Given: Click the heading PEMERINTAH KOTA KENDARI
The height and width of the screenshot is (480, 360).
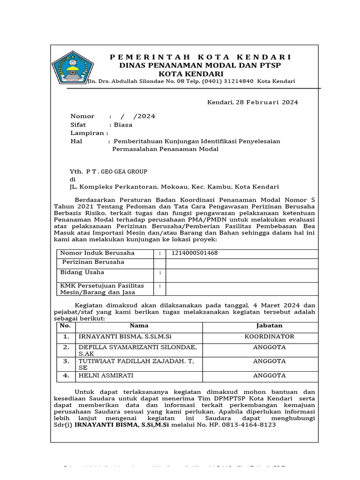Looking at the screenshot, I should [x=201, y=57].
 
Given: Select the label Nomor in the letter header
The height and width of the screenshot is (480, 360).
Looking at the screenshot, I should [x=82, y=116].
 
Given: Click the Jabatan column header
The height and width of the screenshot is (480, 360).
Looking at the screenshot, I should [x=269, y=325].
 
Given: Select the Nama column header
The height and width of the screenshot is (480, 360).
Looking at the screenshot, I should [x=139, y=325].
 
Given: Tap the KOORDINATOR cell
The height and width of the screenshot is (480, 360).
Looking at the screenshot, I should [x=269, y=337].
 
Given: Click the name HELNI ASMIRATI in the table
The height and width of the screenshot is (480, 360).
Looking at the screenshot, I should [x=106, y=375].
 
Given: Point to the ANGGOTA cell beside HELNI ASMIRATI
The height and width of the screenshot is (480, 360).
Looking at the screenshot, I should [x=269, y=375].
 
